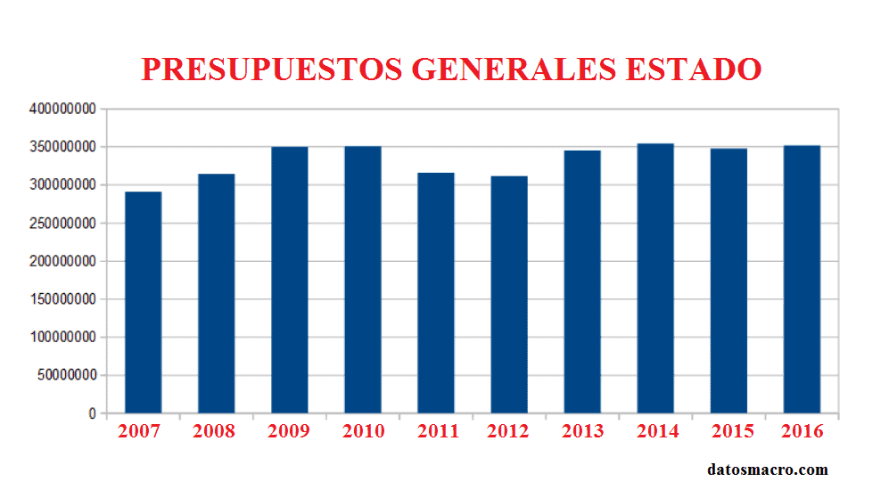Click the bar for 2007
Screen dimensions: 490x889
pos(143,303)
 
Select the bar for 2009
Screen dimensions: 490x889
pos(290,281)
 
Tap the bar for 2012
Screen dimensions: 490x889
pos(509,295)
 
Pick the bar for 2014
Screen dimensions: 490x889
pos(655,279)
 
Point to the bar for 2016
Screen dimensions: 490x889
pos(802,280)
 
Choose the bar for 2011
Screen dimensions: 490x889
pos(436,293)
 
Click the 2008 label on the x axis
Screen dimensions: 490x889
pos(214,432)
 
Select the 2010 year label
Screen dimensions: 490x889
pos(363,432)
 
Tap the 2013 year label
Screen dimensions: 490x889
pos(582,432)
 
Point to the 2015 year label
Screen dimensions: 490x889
pos(732,432)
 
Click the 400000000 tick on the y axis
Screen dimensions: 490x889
pos(62,109)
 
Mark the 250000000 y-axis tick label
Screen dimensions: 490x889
pos(62,224)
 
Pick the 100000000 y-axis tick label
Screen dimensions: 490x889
pos(62,338)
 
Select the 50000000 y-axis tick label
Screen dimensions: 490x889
pos(66,376)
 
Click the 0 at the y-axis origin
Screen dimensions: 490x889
pos(92,414)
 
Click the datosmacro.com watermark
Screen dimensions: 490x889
pos(768,470)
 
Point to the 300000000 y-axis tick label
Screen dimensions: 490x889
pos(62,185)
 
